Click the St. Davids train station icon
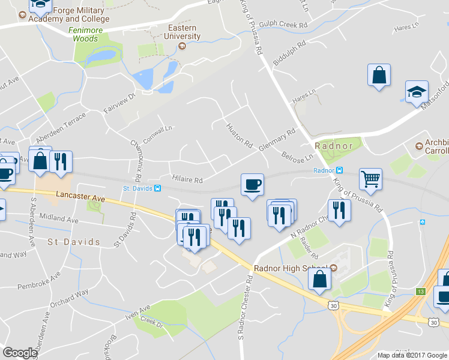click(x=157, y=188)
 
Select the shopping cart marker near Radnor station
click(x=370, y=178)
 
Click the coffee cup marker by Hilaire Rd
click(x=252, y=184)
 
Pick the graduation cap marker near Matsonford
click(x=417, y=92)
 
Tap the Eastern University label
click(x=182, y=32)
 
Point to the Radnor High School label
click(x=292, y=268)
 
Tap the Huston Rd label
click(x=238, y=135)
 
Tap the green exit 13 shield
click(x=421, y=291)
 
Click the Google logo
click(x=20, y=353)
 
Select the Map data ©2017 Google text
click(x=411, y=355)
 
